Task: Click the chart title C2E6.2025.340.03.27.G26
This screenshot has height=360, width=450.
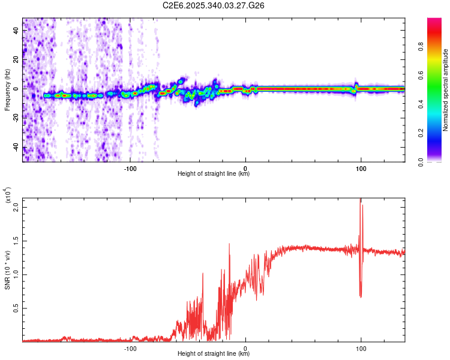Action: (x=214, y=5)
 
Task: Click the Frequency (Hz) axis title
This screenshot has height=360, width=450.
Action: (x=7, y=89)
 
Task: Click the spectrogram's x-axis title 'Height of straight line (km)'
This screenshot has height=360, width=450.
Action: (x=214, y=174)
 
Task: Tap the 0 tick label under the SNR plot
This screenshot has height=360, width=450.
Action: (x=246, y=348)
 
